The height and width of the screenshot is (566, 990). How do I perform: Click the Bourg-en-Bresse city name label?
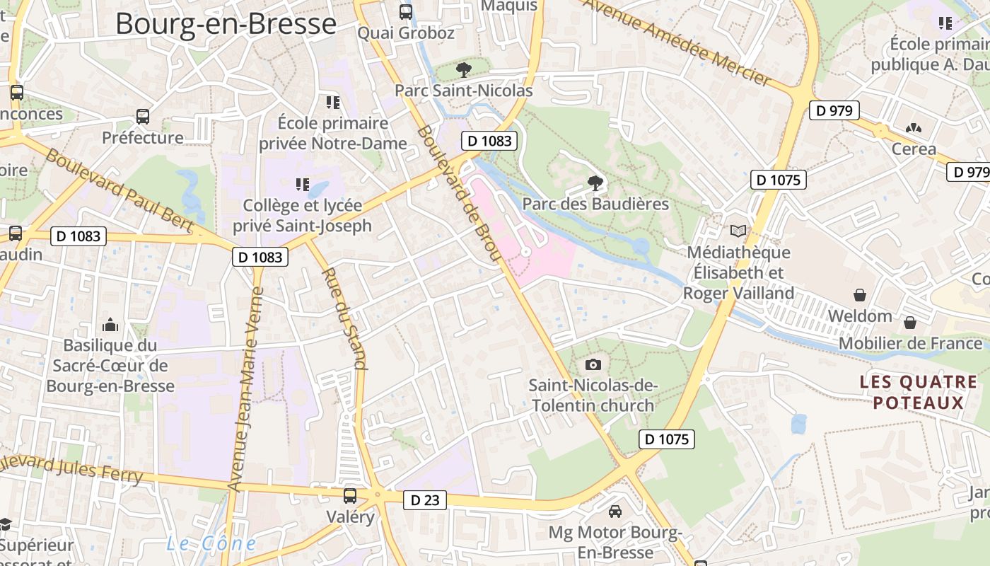click(x=226, y=23)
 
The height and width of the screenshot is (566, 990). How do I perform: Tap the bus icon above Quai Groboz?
click(x=406, y=11)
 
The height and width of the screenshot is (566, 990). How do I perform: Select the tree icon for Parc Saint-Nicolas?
click(x=464, y=69)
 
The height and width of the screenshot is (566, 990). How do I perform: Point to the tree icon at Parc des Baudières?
click(x=595, y=183)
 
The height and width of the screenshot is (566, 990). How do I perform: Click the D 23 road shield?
click(x=424, y=500)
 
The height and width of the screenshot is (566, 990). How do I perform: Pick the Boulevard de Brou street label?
click(x=459, y=193)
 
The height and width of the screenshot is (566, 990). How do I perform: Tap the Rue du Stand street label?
click(x=345, y=318)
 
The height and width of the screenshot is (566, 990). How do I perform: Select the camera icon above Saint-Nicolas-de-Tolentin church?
click(x=593, y=365)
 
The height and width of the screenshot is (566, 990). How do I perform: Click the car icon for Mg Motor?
click(x=615, y=511)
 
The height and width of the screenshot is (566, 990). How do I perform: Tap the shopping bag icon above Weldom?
click(x=860, y=294)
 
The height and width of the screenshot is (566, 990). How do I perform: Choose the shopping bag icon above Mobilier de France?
click(x=910, y=323)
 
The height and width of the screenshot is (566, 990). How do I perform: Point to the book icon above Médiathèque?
click(x=738, y=231)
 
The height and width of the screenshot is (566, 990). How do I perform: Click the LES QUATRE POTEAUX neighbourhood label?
click(x=918, y=393)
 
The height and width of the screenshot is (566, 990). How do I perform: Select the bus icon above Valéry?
click(x=350, y=495)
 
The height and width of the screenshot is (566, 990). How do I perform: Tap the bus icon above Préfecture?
click(x=143, y=116)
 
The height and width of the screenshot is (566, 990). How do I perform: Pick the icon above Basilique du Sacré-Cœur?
click(x=110, y=325)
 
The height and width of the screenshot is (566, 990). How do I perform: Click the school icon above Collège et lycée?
click(x=303, y=185)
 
